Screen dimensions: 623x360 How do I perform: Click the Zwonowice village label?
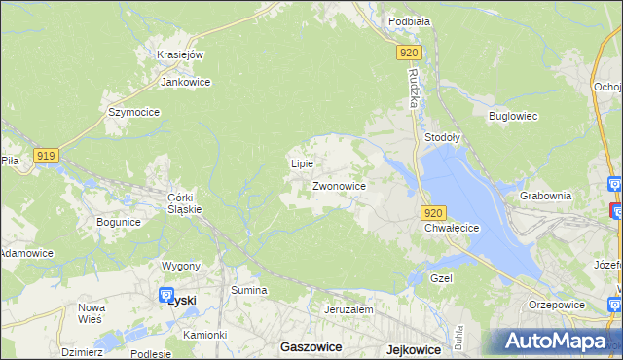click(339, 185)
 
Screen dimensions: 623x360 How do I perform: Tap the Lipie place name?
click(302, 163)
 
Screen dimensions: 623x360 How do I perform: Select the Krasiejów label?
click(179, 54)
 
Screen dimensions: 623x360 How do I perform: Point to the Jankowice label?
click(186, 82)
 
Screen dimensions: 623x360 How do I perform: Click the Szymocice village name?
click(133, 112)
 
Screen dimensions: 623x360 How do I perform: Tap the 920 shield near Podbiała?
click(410, 54)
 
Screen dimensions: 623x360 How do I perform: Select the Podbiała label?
click(409, 20)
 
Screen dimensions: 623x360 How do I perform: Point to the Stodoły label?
click(443, 138)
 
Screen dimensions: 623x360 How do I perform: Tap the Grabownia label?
click(545, 195)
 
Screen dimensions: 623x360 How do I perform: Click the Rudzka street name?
click(414, 90)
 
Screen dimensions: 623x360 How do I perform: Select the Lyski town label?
click(181, 301)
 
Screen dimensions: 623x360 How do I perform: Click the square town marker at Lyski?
click(165, 297)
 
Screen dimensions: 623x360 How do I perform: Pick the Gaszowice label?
click(310, 346)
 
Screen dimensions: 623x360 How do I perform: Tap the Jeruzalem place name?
click(349, 309)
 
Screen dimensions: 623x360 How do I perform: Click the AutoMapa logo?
click(557, 342)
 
